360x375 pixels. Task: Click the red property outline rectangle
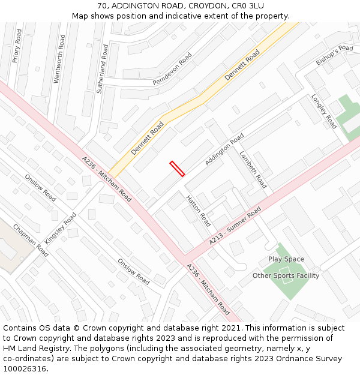tap(177, 169)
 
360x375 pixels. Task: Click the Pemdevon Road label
tap(172, 68)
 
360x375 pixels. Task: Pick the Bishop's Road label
tap(334, 55)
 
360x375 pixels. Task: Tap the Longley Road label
tap(323, 112)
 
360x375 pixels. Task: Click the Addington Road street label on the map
tap(224, 150)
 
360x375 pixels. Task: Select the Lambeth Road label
tap(253, 169)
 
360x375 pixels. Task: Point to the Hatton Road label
tap(198, 211)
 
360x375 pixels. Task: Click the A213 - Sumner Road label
tap(235, 226)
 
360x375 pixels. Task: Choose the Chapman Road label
tap(30, 241)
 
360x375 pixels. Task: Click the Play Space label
tap(286, 259)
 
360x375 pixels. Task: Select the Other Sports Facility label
tap(286, 275)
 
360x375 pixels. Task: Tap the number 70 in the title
tap(102, 5)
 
